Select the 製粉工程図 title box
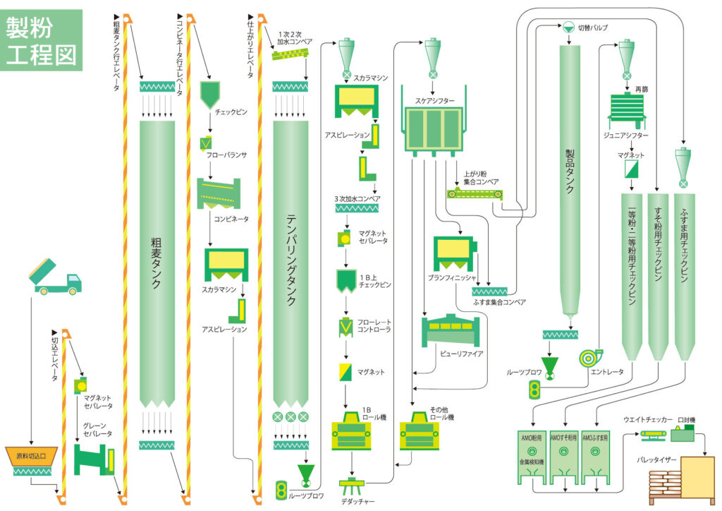pos(42,40)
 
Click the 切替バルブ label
pos(593,28)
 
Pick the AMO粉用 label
pos(531,437)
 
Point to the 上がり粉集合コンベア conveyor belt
pos(475,193)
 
